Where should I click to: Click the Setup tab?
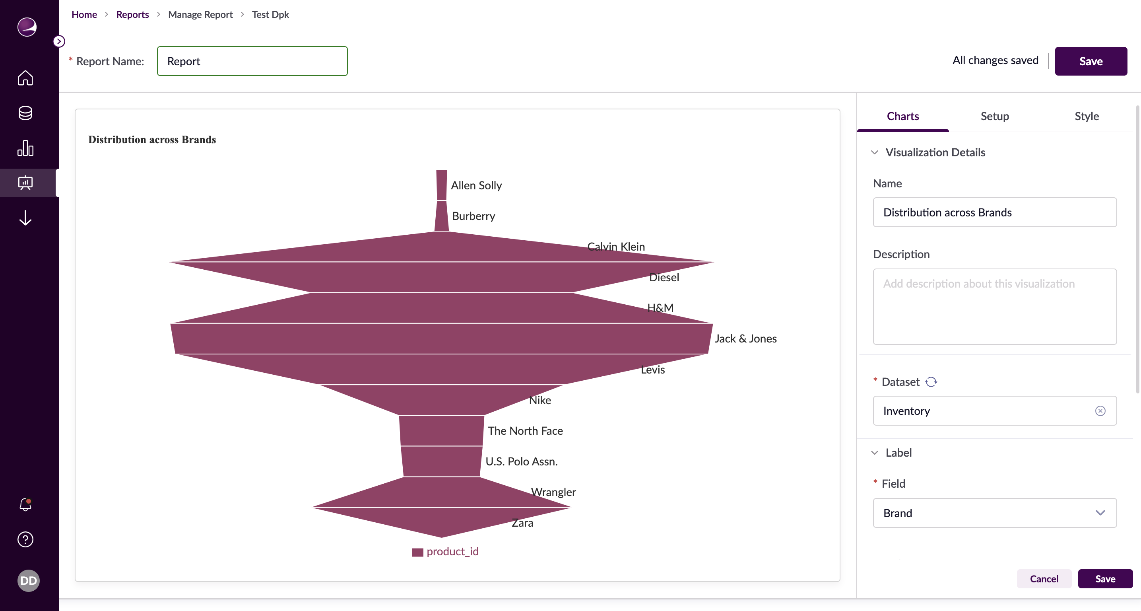[994, 116]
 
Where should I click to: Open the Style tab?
[1086, 116]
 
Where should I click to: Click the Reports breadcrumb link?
[132, 15]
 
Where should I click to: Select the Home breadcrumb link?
[84, 15]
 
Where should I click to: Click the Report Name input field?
[252, 61]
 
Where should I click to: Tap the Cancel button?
[1044, 579]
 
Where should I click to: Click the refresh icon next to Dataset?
[931, 382]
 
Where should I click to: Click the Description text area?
[994, 307]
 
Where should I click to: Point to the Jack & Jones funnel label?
[745, 339]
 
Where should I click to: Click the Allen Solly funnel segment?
[442, 185]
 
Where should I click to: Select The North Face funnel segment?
[442, 431]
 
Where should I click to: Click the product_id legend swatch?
[418, 552]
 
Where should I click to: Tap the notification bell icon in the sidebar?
[26, 504]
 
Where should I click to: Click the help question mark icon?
[26, 539]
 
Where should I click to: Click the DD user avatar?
[28, 580]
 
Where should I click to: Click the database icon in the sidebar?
[26, 113]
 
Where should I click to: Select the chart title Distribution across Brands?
[152, 140]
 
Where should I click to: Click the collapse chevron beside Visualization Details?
[874, 152]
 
